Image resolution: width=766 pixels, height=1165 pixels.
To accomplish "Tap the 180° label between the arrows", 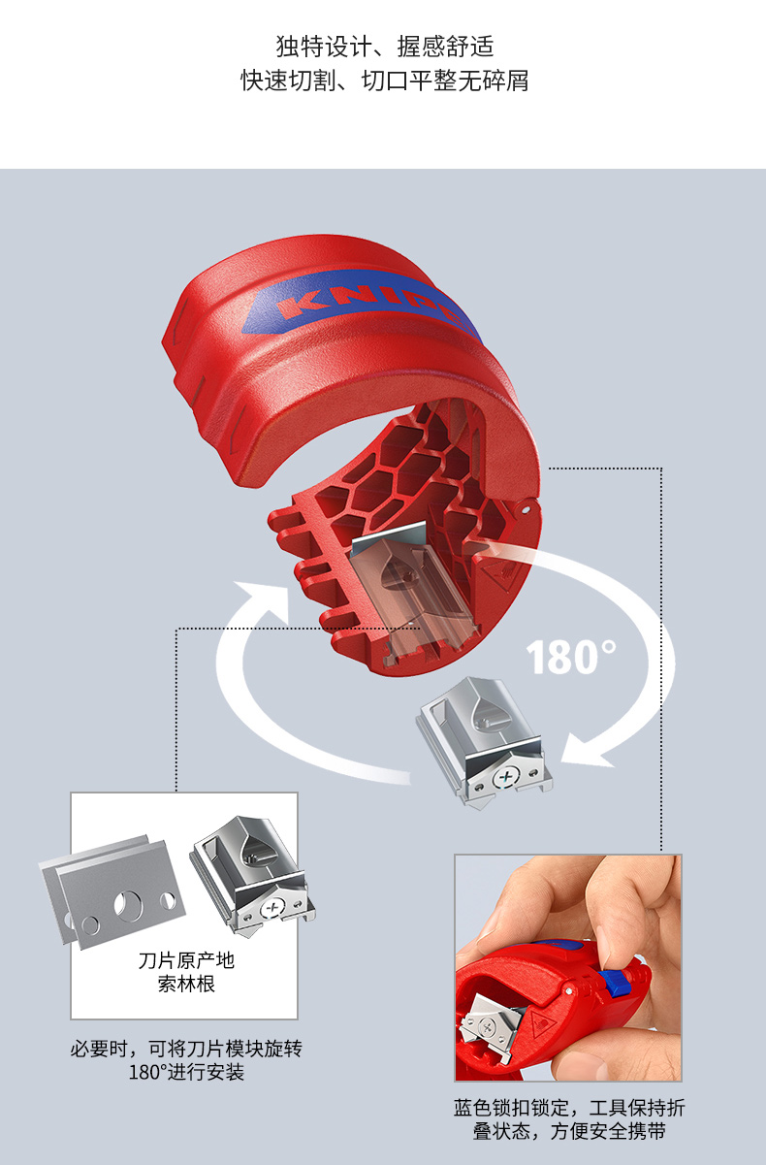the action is (571, 657).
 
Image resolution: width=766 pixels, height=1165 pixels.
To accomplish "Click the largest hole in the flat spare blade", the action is (128, 905).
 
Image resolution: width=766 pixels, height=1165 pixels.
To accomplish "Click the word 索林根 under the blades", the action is (186, 985).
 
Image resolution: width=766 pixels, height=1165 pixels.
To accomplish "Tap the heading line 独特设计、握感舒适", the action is (384, 47).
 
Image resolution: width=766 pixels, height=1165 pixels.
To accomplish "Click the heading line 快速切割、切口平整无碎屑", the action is (384, 81).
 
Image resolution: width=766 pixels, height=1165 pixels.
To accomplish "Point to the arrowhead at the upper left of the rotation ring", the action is (263, 599).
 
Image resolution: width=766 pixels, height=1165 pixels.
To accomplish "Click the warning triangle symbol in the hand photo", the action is (543, 1025).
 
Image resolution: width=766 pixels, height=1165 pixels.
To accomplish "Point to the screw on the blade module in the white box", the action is (271, 909).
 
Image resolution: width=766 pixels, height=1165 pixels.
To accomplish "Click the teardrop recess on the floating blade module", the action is (487, 711).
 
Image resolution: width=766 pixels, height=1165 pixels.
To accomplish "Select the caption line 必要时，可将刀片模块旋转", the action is (186, 1049).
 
